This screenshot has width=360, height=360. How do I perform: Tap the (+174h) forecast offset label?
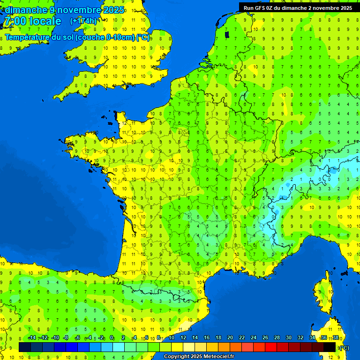[83, 21]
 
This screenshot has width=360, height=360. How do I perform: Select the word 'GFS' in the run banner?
[261, 8]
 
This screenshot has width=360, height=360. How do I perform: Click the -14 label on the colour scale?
[32, 338]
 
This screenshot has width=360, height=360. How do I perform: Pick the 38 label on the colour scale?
[336, 338]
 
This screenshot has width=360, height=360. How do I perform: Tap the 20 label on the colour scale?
[230, 338]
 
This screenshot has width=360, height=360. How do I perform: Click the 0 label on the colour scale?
[112, 338]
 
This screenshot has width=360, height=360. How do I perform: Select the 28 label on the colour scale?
[277, 338]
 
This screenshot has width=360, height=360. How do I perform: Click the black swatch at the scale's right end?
[330, 347]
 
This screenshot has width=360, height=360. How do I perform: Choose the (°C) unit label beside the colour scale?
[345, 347]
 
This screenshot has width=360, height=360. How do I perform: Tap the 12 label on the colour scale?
[183, 338]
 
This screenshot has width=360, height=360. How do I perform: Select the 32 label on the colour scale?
[300, 338]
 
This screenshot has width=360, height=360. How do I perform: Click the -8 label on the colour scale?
[66, 338]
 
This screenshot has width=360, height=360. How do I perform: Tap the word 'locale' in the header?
[45, 21]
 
